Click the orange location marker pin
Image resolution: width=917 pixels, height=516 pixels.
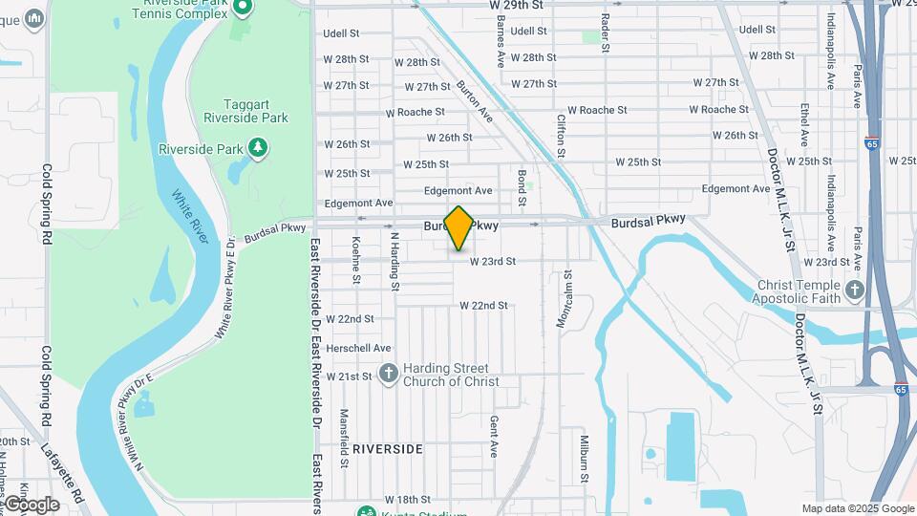coord(458,228)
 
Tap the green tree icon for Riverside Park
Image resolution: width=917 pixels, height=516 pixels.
coord(257,148)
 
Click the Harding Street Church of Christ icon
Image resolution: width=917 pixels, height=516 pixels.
coord(388,374)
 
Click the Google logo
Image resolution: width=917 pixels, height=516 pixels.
coord(32,504)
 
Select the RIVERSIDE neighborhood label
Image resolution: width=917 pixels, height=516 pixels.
coord(387,448)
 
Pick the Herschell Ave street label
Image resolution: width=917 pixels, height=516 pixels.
coord(358,348)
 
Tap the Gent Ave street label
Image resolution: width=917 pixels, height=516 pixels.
coord(494,436)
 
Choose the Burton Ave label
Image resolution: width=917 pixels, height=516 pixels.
coord(474,101)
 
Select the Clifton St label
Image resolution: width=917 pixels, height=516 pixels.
coord(562,136)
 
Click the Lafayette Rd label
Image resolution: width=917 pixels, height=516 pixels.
coord(63,466)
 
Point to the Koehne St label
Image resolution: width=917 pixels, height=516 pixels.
coord(356,260)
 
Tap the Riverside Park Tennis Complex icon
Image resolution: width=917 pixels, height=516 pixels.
coord(243,8)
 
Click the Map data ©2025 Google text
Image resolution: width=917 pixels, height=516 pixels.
coord(857,508)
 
